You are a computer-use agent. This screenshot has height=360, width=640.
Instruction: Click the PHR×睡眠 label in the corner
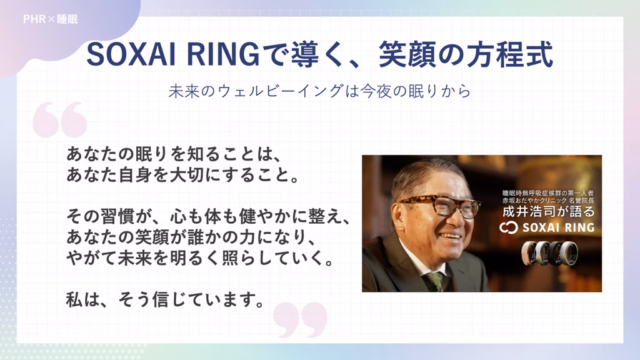(50, 19)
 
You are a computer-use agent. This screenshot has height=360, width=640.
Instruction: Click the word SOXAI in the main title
(131, 55)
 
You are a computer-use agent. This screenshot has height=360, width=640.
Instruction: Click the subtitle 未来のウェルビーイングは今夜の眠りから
(319, 91)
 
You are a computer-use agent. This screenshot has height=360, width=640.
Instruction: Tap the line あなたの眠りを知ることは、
(174, 154)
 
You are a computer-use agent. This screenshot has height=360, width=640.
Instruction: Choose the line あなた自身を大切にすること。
(183, 175)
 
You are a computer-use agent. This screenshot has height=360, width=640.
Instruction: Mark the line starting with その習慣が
(208, 216)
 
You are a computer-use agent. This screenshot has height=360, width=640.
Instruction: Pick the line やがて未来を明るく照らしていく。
(201, 258)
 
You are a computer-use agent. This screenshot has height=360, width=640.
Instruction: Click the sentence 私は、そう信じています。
(166, 299)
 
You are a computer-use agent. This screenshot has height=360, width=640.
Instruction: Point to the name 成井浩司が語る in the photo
(549, 211)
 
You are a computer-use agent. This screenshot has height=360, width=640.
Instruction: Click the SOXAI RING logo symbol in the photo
(509, 227)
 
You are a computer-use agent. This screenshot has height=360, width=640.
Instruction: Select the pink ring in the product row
(530, 252)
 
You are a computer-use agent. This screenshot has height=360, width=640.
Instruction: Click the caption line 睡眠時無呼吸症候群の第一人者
(548, 192)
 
